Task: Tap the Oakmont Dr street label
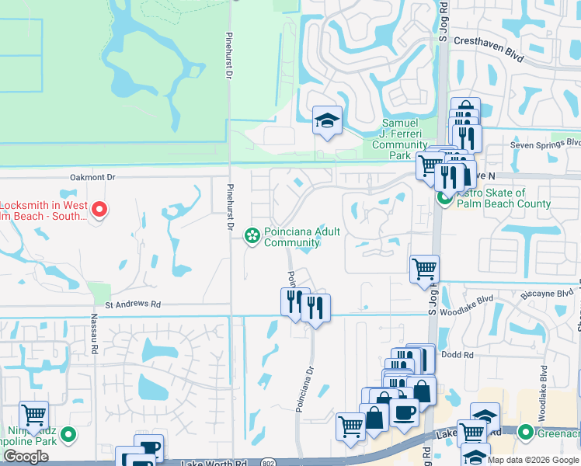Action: pyautogui.click(x=92, y=177)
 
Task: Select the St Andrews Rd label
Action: pyautogui.click(x=133, y=304)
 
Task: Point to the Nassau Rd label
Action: pyautogui.click(x=95, y=346)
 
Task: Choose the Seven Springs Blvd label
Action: pyautogui.click(x=544, y=144)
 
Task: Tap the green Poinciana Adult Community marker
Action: pyautogui.click(x=252, y=234)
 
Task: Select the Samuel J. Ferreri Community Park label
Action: pyautogui.click(x=399, y=139)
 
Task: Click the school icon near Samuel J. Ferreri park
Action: pyautogui.click(x=327, y=120)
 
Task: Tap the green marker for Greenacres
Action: pyautogui.click(x=526, y=432)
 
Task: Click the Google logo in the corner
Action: pyautogui.click(x=26, y=457)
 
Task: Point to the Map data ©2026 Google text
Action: pyautogui.click(x=532, y=460)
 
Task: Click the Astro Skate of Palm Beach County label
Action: pyautogui.click(x=503, y=198)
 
